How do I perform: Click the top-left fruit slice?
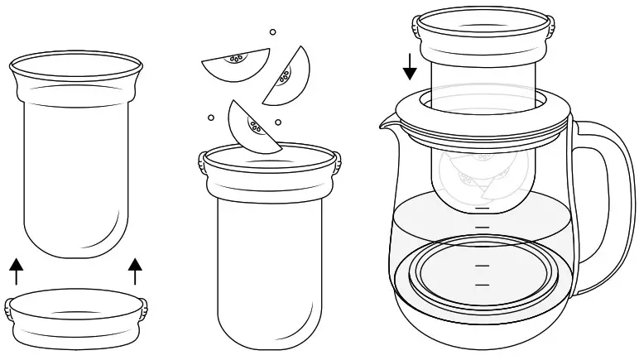(237, 65)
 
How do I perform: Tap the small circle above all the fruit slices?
(272, 32)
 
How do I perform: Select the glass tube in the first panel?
(76, 157)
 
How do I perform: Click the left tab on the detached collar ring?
(9, 310)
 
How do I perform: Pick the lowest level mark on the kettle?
(482, 285)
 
